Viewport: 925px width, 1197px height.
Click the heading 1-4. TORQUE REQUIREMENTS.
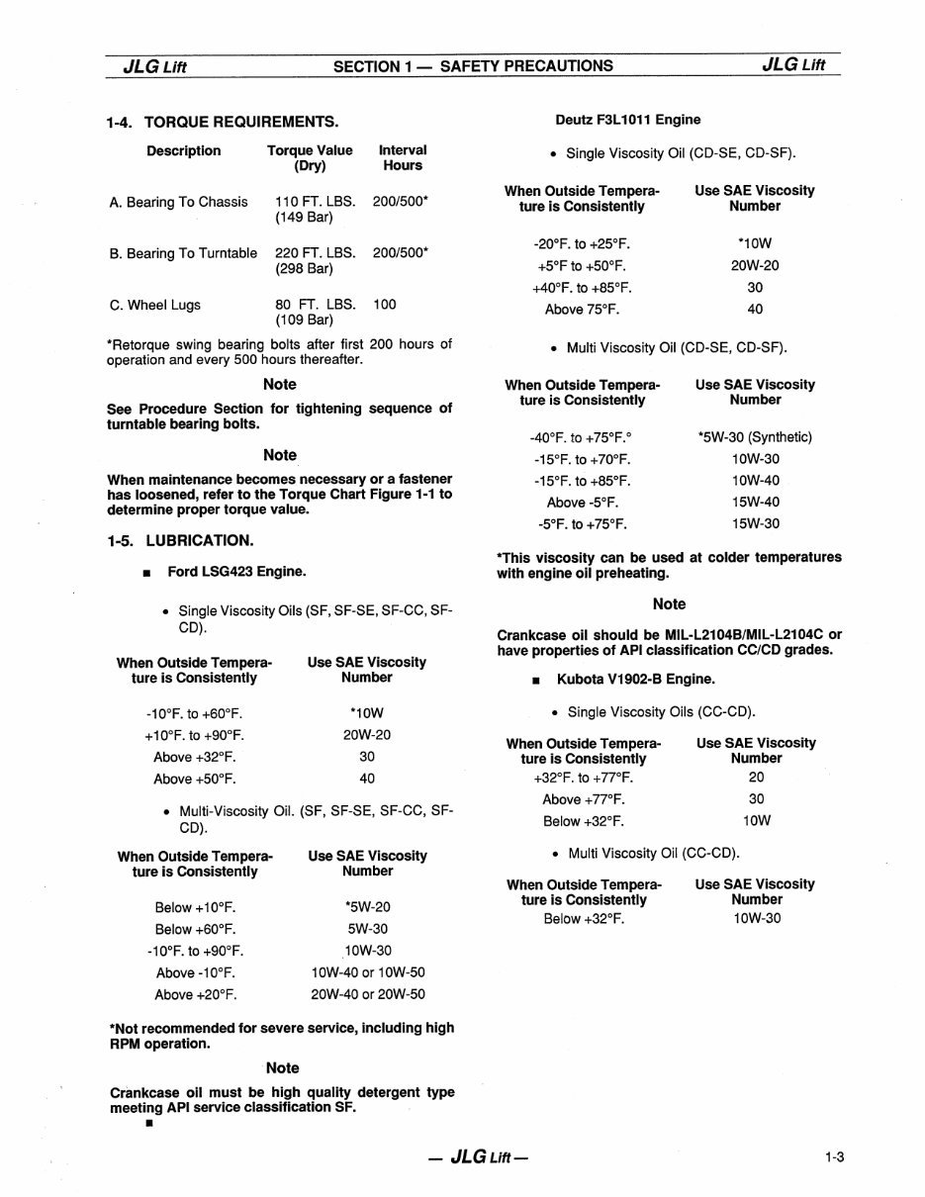(x=223, y=122)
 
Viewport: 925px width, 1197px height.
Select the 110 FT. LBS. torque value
(x=316, y=202)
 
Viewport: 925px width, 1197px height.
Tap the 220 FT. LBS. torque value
(x=316, y=253)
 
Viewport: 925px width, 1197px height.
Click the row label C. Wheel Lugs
(x=155, y=305)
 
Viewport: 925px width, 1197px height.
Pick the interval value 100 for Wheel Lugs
(x=385, y=305)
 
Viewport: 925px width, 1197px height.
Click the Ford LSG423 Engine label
(x=236, y=571)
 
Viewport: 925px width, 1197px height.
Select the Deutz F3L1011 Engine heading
(x=627, y=120)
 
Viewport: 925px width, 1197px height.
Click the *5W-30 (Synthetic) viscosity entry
(x=754, y=437)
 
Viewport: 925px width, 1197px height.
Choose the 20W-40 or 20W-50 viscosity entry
(x=367, y=994)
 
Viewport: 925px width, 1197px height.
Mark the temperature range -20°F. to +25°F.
(x=581, y=243)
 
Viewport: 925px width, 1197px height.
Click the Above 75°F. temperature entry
(x=582, y=309)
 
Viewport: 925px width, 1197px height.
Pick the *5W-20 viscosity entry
(x=367, y=907)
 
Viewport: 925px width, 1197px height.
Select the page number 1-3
(x=833, y=1157)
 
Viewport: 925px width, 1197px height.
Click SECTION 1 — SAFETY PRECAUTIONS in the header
(x=473, y=66)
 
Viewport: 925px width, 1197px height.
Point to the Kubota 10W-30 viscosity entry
(x=757, y=919)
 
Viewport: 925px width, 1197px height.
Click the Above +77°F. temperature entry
(x=584, y=799)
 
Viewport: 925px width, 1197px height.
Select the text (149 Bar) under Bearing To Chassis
(x=304, y=218)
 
